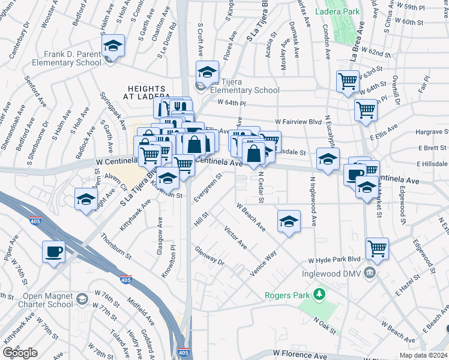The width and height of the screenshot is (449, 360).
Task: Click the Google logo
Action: tap(20, 353)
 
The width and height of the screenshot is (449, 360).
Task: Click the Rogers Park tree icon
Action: tap(319, 294)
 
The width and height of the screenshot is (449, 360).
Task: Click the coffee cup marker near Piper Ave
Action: tap(54, 251)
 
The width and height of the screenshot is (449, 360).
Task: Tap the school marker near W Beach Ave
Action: tap(289, 221)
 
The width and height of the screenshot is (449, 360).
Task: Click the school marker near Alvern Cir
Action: tap(86, 199)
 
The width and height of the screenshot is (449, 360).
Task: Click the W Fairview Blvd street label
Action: tap(298, 122)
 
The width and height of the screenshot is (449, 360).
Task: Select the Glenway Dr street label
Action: tap(209, 256)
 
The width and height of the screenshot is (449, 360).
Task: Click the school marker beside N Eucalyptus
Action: tap(328, 160)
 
